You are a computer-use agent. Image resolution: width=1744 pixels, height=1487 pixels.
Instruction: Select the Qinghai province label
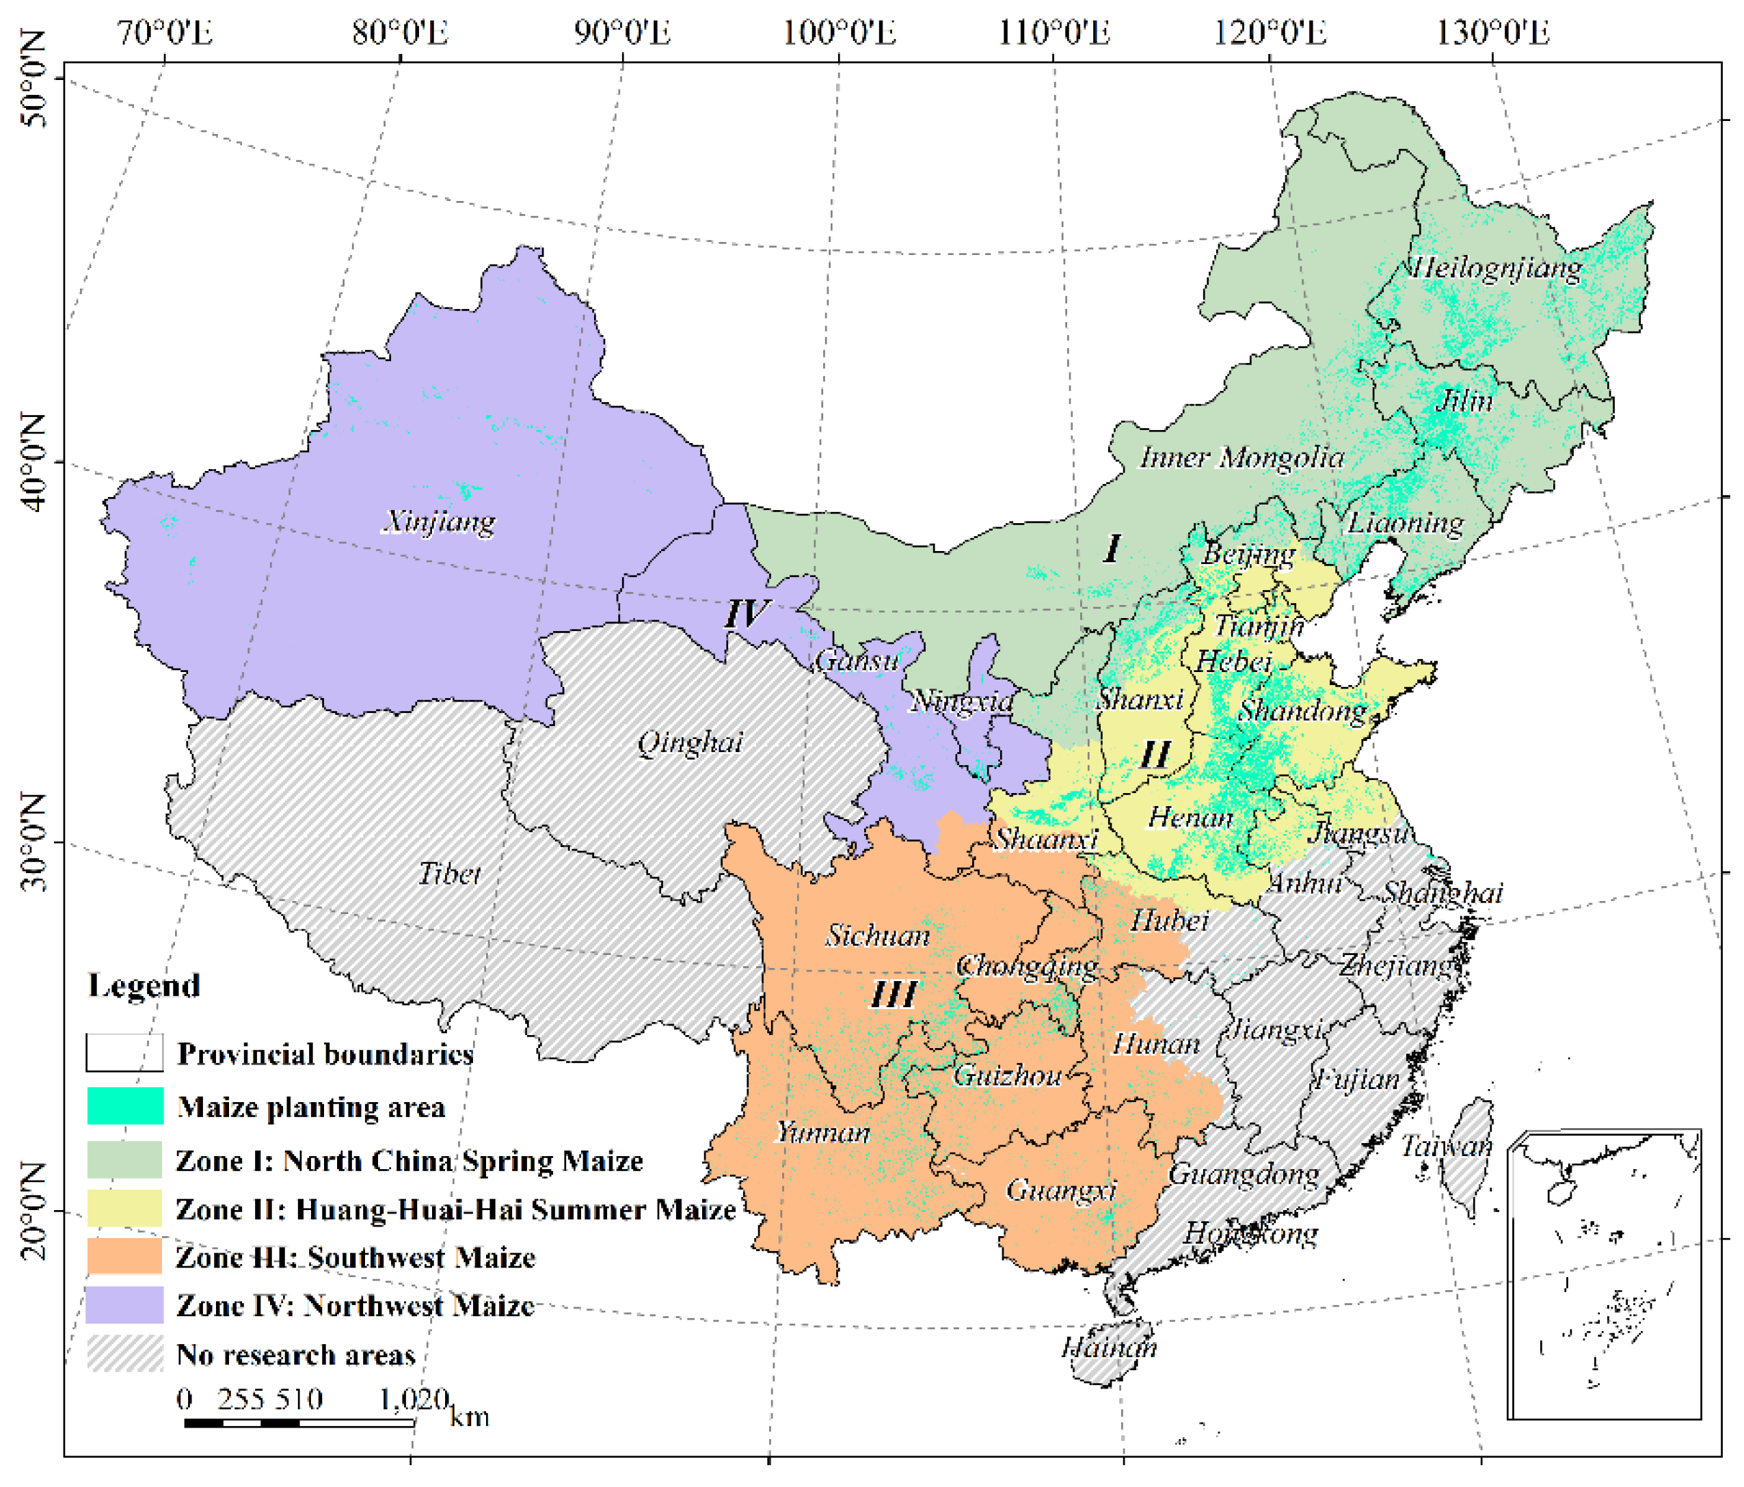(x=690, y=742)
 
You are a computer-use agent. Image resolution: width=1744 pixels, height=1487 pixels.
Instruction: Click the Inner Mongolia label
(x=1242, y=458)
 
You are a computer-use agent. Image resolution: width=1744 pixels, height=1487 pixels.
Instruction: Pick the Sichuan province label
(x=877, y=936)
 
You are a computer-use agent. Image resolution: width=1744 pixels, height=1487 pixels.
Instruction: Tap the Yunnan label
(x=822, y=1133)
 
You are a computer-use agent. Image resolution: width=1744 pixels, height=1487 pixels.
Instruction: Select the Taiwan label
(x=1446, y=1146)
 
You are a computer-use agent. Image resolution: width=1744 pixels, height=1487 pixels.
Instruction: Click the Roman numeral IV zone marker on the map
(x=747, y=615)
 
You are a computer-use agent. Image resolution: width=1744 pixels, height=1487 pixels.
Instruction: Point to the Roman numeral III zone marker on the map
(x=893, y=995)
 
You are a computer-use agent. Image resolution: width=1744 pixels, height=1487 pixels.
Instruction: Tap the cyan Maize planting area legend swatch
(x=125, y=1106)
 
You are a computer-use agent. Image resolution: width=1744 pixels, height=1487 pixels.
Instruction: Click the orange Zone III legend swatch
(x=125, y=1257)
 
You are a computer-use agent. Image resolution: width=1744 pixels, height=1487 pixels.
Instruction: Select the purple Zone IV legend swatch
(x=125, y=1305)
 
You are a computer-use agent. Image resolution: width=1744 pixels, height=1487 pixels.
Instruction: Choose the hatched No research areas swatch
(x=125, y=1354)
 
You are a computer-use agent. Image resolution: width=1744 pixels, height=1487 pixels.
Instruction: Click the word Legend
(x=144, y=985)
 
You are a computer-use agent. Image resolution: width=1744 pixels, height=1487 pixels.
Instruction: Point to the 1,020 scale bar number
(x=414, y=1399)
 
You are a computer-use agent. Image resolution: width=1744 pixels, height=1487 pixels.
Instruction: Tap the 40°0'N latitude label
(x=33, y=462)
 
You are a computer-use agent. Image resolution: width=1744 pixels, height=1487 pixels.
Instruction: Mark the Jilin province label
(x=1464, y=401)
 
